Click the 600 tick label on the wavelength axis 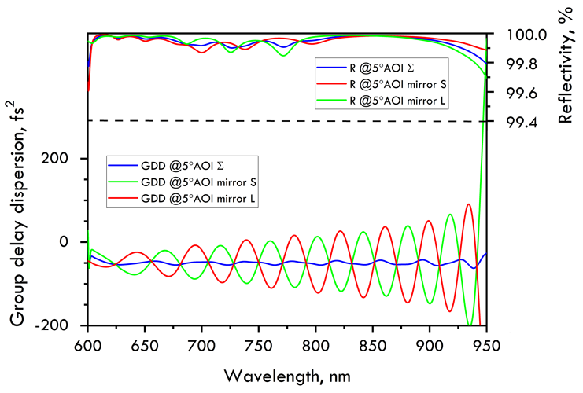point(87,344)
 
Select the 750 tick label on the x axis point(258,344)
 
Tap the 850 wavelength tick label point(372,344)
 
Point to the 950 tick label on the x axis point(485,344)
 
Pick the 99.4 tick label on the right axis point(522,122)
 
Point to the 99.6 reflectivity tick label point(522,93)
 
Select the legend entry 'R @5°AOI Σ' point(378,67)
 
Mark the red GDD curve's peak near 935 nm point(469,204)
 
